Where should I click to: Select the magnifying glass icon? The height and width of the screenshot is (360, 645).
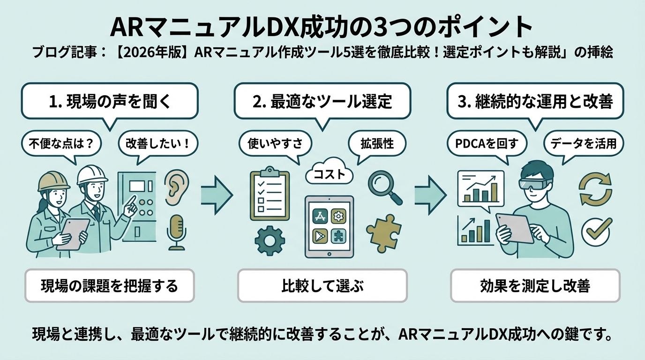[384, 187]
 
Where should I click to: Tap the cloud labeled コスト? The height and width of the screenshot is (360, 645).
[329, 175]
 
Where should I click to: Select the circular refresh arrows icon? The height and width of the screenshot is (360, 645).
[595, 188]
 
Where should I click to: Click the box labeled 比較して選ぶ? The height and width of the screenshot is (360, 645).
[322, 285]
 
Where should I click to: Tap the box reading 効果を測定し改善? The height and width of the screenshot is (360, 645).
[535, 285]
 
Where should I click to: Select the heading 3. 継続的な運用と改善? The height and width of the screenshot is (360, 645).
[535, 101]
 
